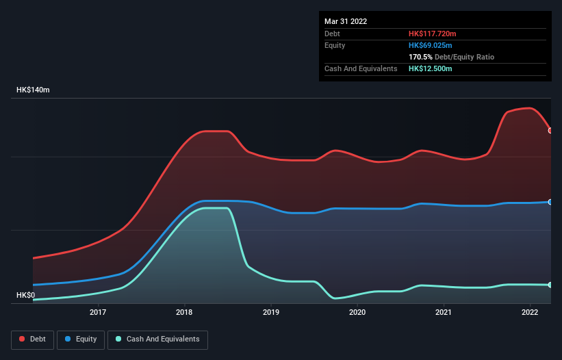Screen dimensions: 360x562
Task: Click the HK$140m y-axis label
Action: click(34, 90)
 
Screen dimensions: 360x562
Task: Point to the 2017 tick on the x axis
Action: click(98, 313)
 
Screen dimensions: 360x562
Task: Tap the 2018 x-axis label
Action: click(184, 313)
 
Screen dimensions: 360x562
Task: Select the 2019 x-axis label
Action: click(271, 313)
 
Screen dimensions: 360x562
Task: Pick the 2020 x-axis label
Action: click(357, 313)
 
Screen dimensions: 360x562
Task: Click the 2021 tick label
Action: click(444, 313)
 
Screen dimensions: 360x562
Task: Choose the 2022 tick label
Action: click(531, 313)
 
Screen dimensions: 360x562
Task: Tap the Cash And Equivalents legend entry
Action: click(158, 339)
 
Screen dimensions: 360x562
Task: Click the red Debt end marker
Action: click(550, 130)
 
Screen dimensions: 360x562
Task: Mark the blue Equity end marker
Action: click(550, 202)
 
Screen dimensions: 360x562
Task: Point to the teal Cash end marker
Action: click(550, 285)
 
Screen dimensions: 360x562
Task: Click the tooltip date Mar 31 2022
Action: click(346, 21)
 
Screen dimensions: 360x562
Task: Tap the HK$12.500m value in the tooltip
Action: click(430, 68)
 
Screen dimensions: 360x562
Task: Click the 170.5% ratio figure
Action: click(420, 57)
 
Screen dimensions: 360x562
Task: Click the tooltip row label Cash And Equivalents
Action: click(361, 68)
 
